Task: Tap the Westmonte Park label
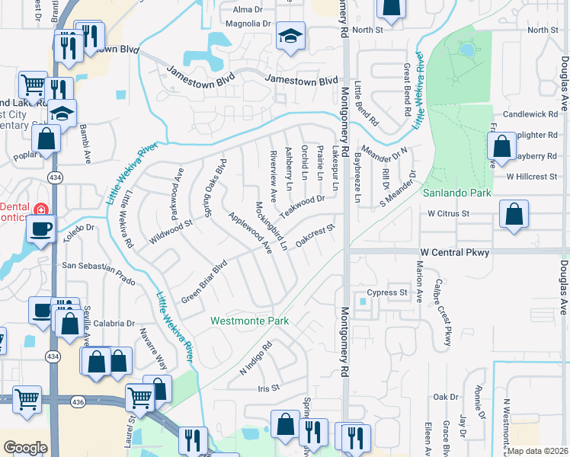click(249, 321)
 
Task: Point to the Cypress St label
click(387, 292)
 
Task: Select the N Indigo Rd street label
click(256, 360)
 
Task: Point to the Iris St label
click(270, 388)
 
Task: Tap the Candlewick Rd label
click(536, 113)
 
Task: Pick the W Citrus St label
click(447, 214)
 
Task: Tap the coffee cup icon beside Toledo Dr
click(40, 227)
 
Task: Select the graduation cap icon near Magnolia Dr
click(290, 37)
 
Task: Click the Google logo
click(25, 448)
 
